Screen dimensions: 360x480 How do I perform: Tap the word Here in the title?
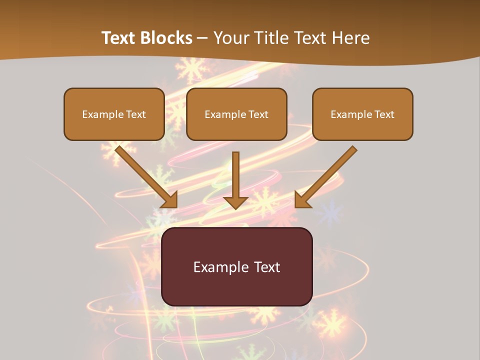pyautogui.click(x=350, y=38)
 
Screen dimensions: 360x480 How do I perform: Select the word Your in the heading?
pyautogui.click(x=231, y=38)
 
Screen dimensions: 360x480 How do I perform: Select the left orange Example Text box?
pyautogui.click(x=114, y=114)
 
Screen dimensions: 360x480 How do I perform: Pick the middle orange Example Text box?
pyautogui.click(x=236, y=114)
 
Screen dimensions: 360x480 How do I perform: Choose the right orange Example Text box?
pyautogui.click(x=362, y=114)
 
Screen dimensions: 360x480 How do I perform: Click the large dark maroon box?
pyautogui.click(x=236, y=266)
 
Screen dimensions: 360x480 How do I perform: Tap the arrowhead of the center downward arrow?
pyautogui.click(x=235, y=202)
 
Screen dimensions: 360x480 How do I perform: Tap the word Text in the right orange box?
pyautogui.click(x=384, y=114)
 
